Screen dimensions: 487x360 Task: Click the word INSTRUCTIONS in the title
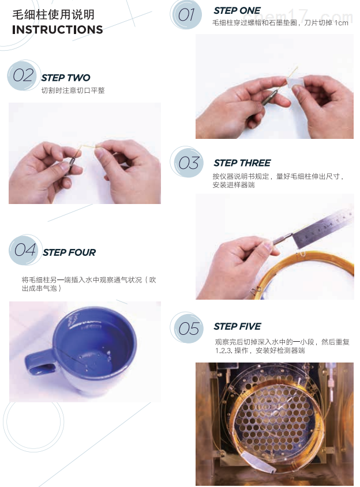58,30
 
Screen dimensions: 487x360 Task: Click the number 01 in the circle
186,16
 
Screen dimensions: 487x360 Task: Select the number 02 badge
23,75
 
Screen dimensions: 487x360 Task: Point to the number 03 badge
188,163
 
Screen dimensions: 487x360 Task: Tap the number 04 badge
25,250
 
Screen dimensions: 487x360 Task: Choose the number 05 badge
188,329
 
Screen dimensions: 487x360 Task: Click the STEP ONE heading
237,10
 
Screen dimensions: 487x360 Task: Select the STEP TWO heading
66,78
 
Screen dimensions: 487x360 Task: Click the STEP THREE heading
242,163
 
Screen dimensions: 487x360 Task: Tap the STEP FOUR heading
69,252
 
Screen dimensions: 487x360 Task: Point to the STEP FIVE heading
237,326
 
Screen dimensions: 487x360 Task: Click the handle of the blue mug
39,363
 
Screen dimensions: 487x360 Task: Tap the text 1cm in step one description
342,23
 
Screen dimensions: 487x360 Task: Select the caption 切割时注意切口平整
73,90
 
